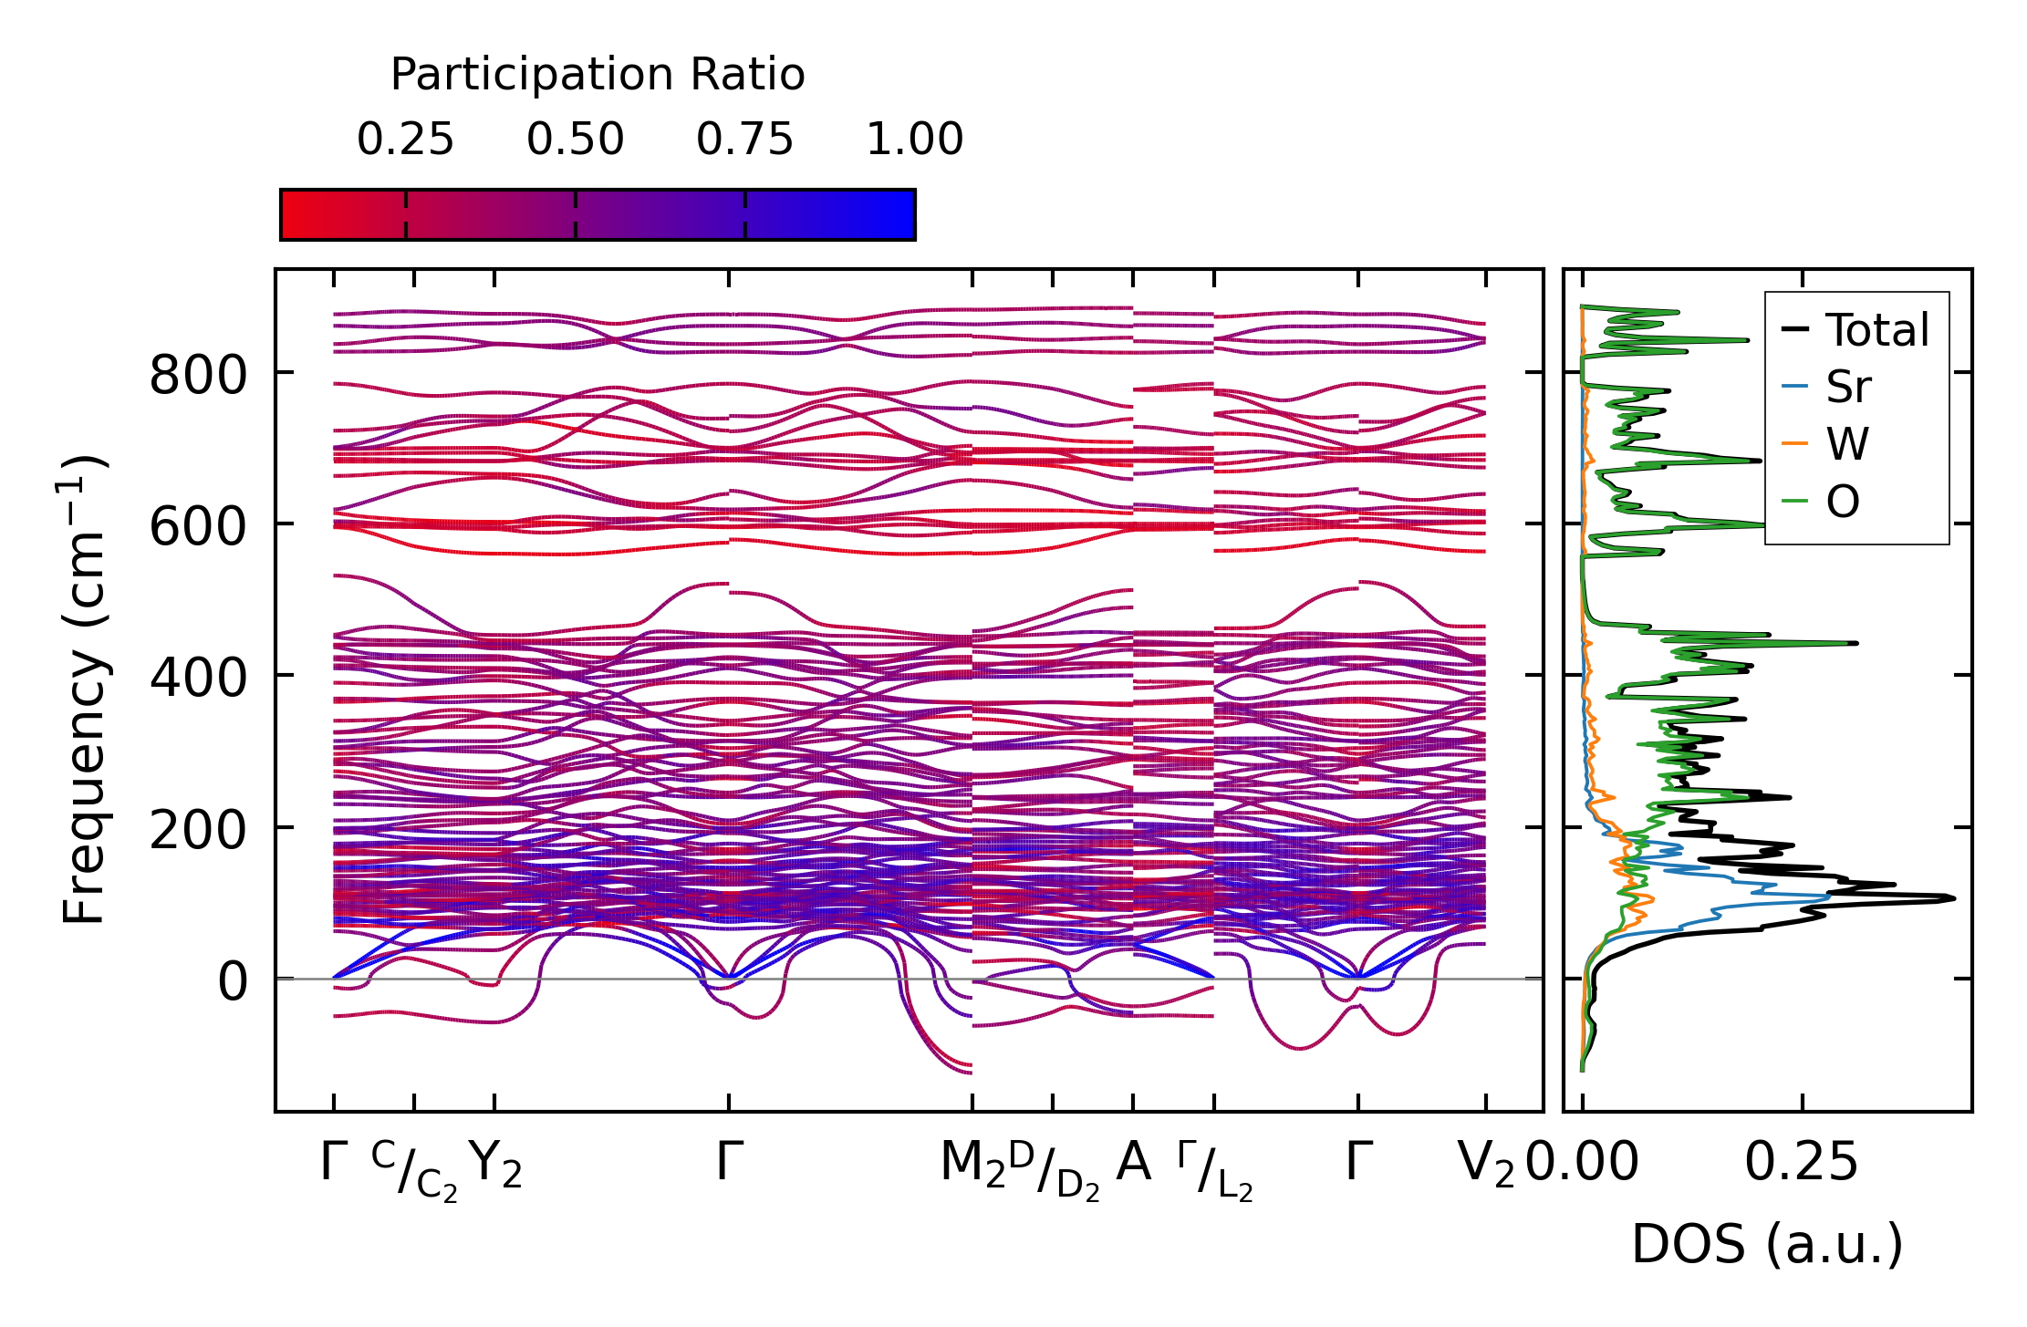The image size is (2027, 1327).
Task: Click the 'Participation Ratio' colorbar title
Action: (x=598, y=75)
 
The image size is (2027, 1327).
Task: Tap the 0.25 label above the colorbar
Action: (x=405, y=140)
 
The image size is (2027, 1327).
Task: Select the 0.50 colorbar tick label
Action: (x=575, y=140)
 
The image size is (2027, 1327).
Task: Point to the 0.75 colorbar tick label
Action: (x=744, y=140)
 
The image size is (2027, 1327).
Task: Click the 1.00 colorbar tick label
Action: (x=914, y=140)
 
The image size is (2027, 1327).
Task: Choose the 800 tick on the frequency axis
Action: (x=198, y=375)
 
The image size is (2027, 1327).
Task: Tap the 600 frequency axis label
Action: (x=198, y=526)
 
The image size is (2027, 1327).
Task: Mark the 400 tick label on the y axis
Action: (x=198, y=678)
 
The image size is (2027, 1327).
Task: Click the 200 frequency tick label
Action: (x=198, y=830)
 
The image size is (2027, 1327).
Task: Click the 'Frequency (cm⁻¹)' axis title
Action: (x=85, y=689)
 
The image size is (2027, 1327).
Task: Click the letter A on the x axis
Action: (x=1133, y=1162)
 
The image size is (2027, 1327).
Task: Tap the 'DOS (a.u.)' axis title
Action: (x=1767, y=1244)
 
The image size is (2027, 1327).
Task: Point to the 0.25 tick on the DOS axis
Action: (x=1802, y=1164)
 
